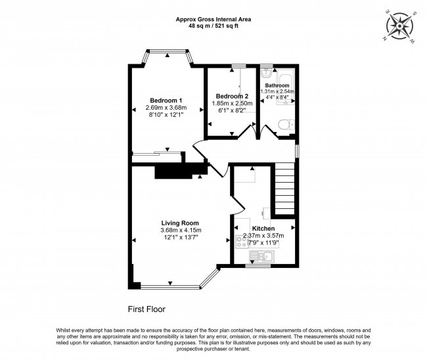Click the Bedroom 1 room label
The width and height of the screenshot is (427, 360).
tap(166, 101)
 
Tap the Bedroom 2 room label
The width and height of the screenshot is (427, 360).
tap(232, 96)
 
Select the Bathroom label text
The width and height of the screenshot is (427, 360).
tap(277, 85)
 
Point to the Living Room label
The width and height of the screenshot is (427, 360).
tap(180, 223)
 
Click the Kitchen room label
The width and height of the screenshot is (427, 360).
tap(263, 229)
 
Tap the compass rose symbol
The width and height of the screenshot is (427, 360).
tap(399, 26)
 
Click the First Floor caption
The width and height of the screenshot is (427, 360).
tap(146, 309)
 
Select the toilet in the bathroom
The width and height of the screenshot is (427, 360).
tap(286, 125)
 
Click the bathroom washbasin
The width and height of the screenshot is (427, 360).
tap(265, 73)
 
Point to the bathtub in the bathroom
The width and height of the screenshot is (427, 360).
tap(285, 87)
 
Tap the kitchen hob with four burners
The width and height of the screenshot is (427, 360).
tap(242, 242)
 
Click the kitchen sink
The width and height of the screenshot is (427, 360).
tap(261, 257)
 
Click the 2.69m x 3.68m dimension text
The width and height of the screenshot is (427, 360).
tap(166, 108)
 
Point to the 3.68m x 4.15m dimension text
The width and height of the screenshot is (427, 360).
tap(181, 231)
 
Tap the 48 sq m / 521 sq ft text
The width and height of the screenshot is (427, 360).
tap(213, 26)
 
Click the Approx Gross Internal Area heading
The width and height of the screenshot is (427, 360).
tap(213, 19)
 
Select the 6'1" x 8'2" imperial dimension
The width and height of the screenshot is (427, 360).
tap(232, 110)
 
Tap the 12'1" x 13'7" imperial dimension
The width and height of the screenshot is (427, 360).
tap(181, 237)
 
